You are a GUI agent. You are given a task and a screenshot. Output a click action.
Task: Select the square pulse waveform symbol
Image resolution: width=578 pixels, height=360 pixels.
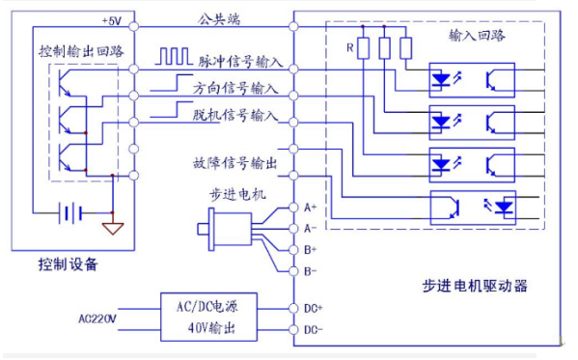[177, 58]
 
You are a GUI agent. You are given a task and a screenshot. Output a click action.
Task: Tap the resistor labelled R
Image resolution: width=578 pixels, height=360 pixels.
[363, 47]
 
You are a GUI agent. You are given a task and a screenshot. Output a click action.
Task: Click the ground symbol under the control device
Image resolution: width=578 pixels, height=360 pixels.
[114, 228]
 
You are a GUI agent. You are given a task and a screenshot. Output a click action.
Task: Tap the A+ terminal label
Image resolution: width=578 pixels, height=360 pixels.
[310, 208]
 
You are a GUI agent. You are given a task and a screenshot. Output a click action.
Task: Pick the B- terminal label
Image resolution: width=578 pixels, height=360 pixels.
[310, 271]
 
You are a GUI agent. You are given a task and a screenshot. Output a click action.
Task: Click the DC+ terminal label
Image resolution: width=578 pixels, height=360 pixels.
[312, 309]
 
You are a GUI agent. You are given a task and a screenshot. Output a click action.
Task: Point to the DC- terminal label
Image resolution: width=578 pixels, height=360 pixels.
[312, 331]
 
